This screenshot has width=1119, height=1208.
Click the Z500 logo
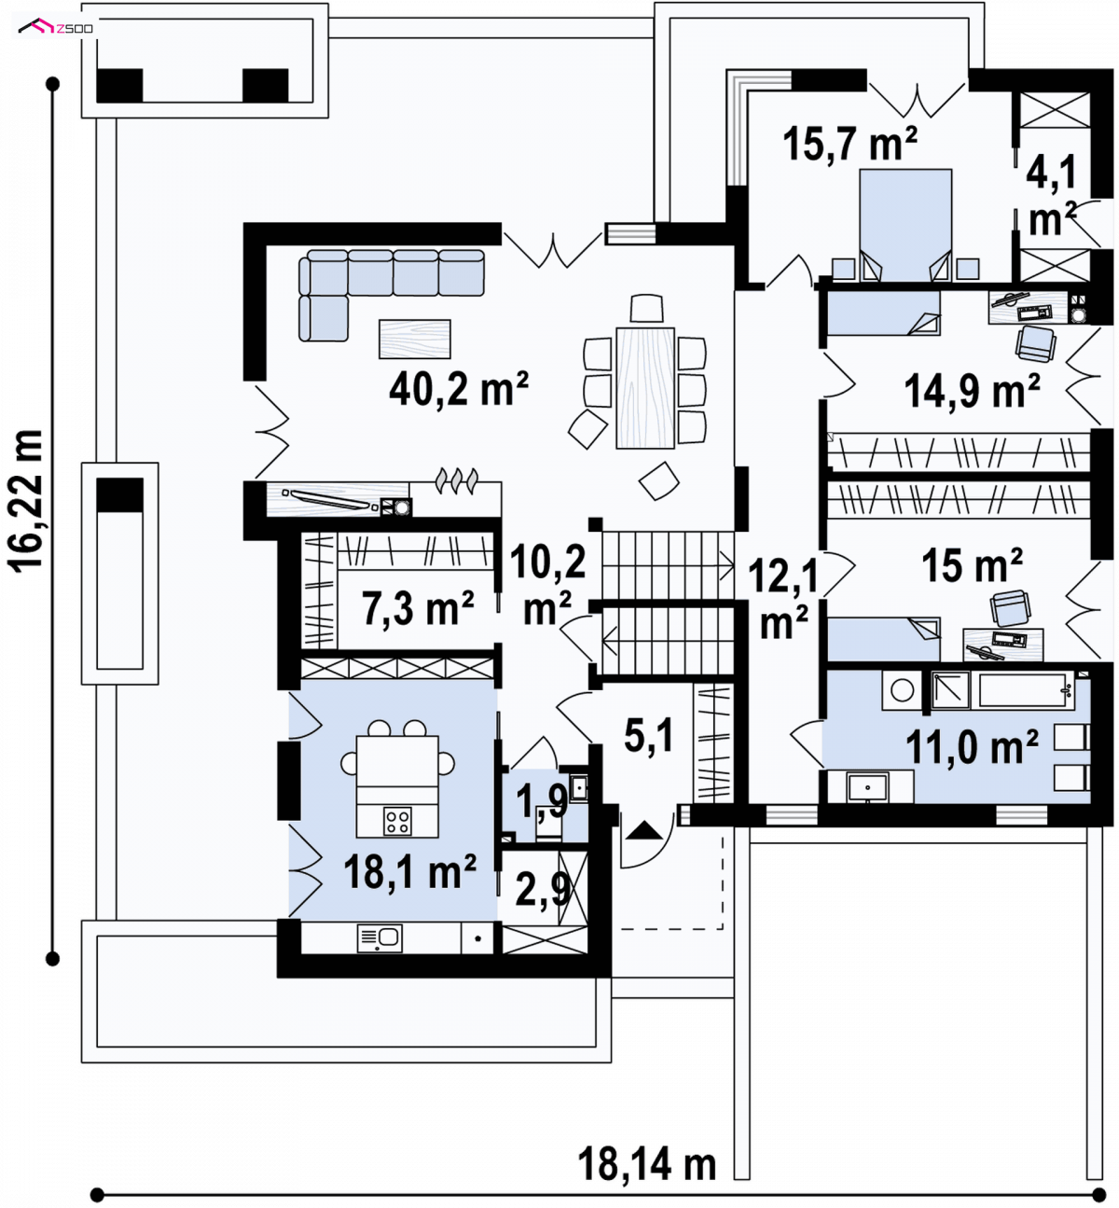click(56, 27)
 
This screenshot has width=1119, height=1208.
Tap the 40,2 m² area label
click(459, 389)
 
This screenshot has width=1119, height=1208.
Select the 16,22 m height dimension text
click(25, 500)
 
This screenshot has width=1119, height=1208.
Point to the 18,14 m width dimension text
click(646, 1164)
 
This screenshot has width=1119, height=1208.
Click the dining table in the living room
click(644, 388)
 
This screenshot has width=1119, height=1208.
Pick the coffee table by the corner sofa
click(415, 339)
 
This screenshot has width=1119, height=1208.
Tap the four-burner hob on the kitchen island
click(398, 821)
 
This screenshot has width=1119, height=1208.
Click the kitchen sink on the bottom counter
click(380, 938)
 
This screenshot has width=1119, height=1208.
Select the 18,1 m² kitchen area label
click(410, 871)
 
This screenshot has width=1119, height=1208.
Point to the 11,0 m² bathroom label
click(972, 747)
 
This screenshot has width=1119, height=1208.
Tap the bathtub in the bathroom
click(1022, 689)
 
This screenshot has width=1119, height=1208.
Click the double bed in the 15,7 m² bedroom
click(905, 225)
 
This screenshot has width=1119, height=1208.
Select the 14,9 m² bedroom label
click(972, 391)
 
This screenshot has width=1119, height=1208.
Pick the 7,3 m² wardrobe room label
click(418, 607)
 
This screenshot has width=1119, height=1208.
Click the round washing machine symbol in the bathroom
click(902, 690)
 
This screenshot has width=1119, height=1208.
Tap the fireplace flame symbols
click(456, 479)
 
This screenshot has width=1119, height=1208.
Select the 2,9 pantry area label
click(543, 889)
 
